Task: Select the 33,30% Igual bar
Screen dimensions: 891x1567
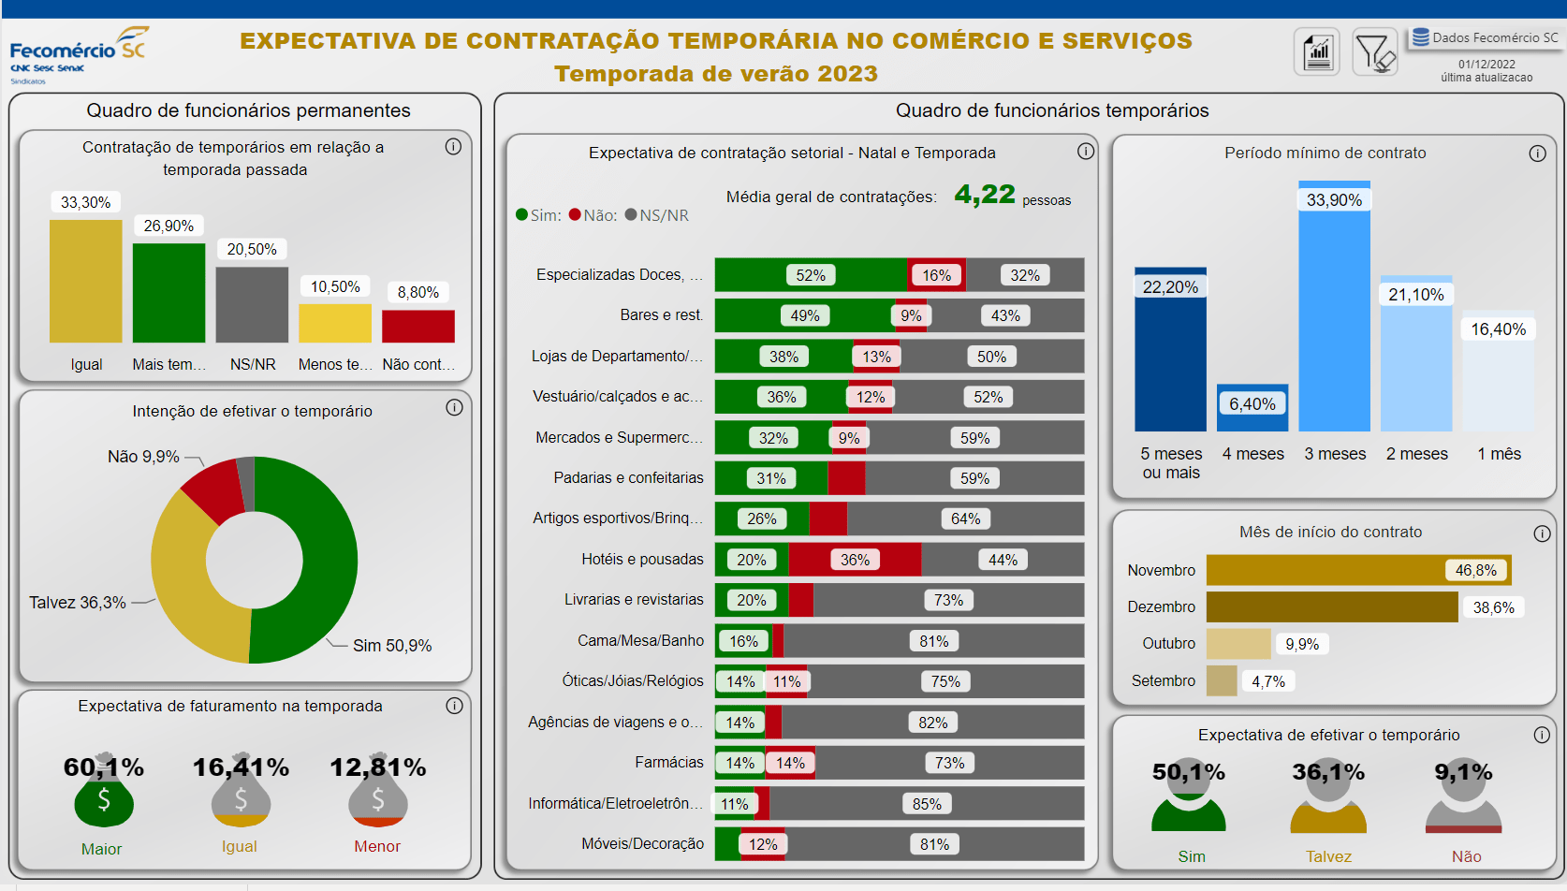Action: click(x=85, y=281)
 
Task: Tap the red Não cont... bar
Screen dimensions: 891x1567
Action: click(x=418, y=326)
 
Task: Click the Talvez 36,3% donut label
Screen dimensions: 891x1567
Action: click(x=78, y=603)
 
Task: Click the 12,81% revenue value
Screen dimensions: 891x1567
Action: click(x=377, y=767)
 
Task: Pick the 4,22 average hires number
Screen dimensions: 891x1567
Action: click(x=985, y=195)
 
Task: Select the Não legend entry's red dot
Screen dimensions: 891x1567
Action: click(x=575, y=215)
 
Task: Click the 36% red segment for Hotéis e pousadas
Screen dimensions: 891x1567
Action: click(x=855, y=560)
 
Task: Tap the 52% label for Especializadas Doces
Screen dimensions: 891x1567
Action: click(x=811, y=275)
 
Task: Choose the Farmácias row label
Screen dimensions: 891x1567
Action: click(x=669, y=763)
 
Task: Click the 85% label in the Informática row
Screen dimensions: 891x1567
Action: click(x=927, y=804)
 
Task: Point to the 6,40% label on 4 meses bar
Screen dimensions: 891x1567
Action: click(x=1252, y=404)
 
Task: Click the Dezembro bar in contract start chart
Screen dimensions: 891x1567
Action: click(x=1331, y=606)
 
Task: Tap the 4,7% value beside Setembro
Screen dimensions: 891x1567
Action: click(x=1268, y=681)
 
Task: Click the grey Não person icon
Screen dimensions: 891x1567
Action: click(x=1464, y=801)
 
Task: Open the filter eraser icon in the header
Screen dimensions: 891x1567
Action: click(x=1375, y=52)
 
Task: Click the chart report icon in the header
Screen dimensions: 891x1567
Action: click(x=1317, y=52)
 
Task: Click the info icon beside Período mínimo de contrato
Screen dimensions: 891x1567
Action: click(x=1537, y=153)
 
